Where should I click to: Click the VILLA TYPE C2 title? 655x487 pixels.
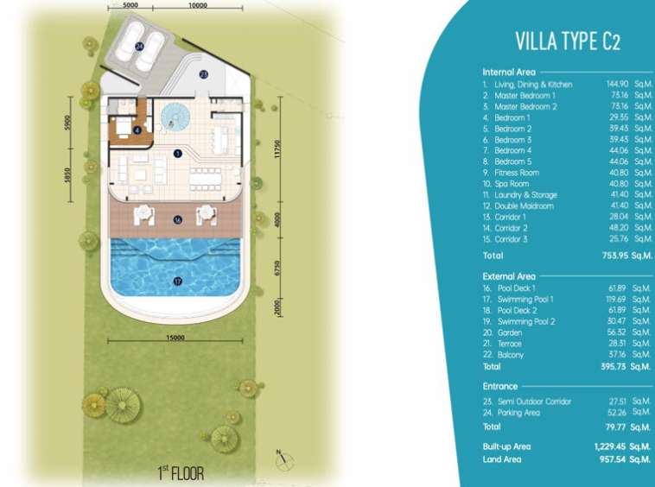click(568, 41)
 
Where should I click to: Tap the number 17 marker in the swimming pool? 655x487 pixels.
click(178, 281)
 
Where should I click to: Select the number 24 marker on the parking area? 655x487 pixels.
click(139, 47)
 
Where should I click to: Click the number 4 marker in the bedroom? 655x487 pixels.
click(137, 130)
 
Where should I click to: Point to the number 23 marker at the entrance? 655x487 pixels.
click(203, 75)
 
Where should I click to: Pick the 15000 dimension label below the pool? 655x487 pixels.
click(175, 337)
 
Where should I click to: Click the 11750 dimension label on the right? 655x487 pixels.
click(277, 149)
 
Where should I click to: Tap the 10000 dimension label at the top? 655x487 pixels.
click(198, 5)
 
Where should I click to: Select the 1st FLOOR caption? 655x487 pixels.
click(181, 473)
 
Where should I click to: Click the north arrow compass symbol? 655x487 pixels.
click(284, 459)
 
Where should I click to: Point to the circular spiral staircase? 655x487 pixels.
click(175, 117)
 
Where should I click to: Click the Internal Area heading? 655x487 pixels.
click(509, 73)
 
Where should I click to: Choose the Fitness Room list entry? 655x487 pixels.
click(517, 173)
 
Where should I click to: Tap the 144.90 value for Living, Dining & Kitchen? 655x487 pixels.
click(617, 85)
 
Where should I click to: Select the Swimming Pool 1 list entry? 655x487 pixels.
click(525, 300)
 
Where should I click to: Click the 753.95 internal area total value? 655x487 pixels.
click(615, 256)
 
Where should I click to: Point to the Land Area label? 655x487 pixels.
click(502, 459)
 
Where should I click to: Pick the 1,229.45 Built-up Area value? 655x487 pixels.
click(609, 446)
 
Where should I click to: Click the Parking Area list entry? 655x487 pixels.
click(518, 413)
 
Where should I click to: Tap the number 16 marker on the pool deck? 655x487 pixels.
click(178, 219)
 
